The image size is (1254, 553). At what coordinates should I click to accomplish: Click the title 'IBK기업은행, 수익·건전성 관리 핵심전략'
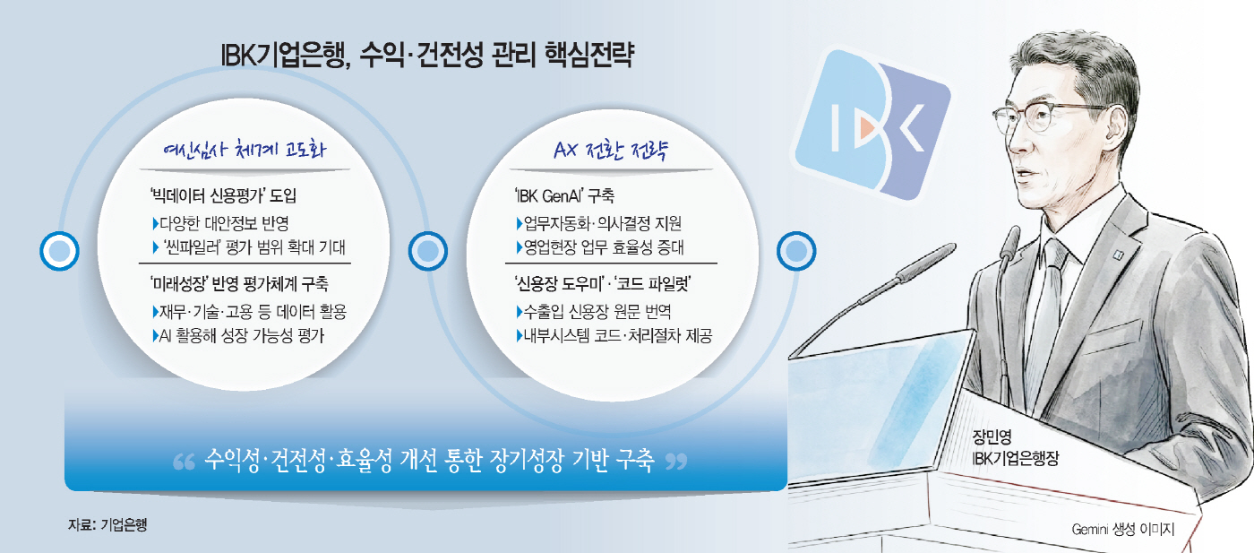(x=428, y=55)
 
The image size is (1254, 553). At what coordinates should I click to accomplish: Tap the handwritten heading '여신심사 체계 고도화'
(x=244, y=149)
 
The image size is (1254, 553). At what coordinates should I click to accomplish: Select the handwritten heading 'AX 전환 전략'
(x=611, y=150)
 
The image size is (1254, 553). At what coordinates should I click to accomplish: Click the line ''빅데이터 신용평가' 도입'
(x=223, y=195)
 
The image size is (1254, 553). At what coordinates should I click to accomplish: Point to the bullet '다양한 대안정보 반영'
(x=221, y=223)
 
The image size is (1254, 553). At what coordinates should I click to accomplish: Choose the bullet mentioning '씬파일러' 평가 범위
(x=250, y=247)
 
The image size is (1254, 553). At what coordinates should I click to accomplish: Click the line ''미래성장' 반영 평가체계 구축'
(x=239, y=283)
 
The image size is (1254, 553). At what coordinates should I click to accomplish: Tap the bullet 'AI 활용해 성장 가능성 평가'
(x=238, y=335)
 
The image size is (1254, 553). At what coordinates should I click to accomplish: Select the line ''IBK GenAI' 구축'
(x=564, y=195)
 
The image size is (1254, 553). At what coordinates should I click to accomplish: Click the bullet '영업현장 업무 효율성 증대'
(x=600, y=247)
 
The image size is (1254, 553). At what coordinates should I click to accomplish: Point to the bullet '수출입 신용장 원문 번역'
(x=593, y=312)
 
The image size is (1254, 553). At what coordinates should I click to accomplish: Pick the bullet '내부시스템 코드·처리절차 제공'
(x=614, y=335)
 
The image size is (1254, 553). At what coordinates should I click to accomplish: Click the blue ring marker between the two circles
(x=428, y=251)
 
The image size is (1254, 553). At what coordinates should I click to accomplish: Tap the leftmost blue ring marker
(x=59, y=251)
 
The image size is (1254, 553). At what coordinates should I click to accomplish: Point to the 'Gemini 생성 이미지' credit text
(x=1123, y=529)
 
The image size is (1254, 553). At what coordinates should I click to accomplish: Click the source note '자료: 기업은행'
(x=107, y=525)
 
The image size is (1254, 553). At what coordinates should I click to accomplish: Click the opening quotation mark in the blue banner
(x=184, y=462)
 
